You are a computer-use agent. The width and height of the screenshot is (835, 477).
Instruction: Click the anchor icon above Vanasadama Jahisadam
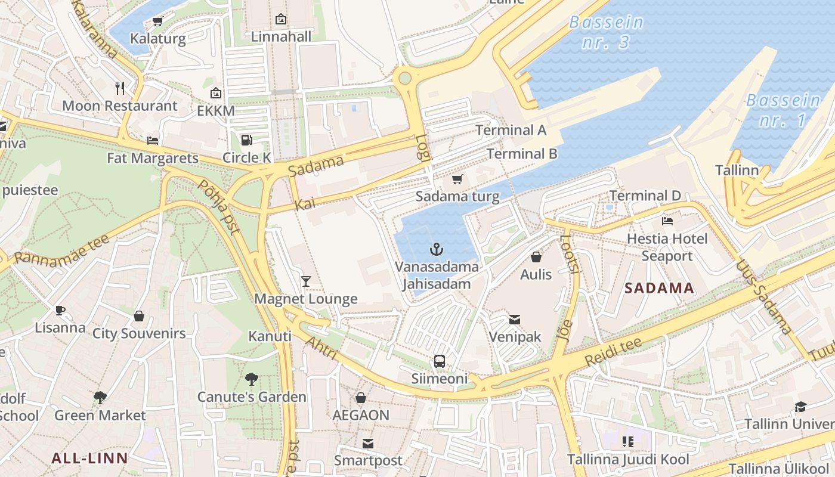[x=437, y=249]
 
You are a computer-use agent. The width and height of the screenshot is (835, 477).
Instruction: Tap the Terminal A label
[x=511, y=130]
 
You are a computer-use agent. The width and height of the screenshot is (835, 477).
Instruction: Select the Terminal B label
[x=522, y=154]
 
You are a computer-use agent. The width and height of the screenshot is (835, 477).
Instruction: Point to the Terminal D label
[x=645, y=196]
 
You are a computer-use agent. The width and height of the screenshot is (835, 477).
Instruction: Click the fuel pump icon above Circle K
[x=246, y=140]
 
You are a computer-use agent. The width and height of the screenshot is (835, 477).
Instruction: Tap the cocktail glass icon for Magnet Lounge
[x=306, y=281]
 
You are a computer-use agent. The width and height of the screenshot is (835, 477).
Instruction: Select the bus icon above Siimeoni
[x=440, y=361]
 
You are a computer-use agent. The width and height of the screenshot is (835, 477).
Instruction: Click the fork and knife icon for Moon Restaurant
[x=120, y=88]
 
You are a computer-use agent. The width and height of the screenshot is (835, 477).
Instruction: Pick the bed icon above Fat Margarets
[x=153, y=141]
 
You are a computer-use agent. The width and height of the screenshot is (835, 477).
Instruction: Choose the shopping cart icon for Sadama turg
[x=457, y=179]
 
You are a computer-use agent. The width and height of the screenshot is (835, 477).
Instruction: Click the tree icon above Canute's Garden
[x=252, y=379]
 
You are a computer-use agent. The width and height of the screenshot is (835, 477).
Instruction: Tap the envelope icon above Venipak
[x=515, y=320]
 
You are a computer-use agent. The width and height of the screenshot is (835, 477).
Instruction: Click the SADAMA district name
[x=659, y=289]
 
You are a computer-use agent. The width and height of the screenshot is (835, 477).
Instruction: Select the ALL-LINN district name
[x=89, y=459]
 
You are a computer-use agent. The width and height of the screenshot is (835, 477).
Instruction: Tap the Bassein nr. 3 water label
[x=607, y=32]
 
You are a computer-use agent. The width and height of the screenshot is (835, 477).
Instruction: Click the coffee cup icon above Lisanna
[x=60, y=310]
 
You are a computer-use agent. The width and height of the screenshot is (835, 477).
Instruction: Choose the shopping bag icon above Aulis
[x=536, y=257]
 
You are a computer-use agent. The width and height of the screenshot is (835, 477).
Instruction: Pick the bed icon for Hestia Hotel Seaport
[x=667, y=221]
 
